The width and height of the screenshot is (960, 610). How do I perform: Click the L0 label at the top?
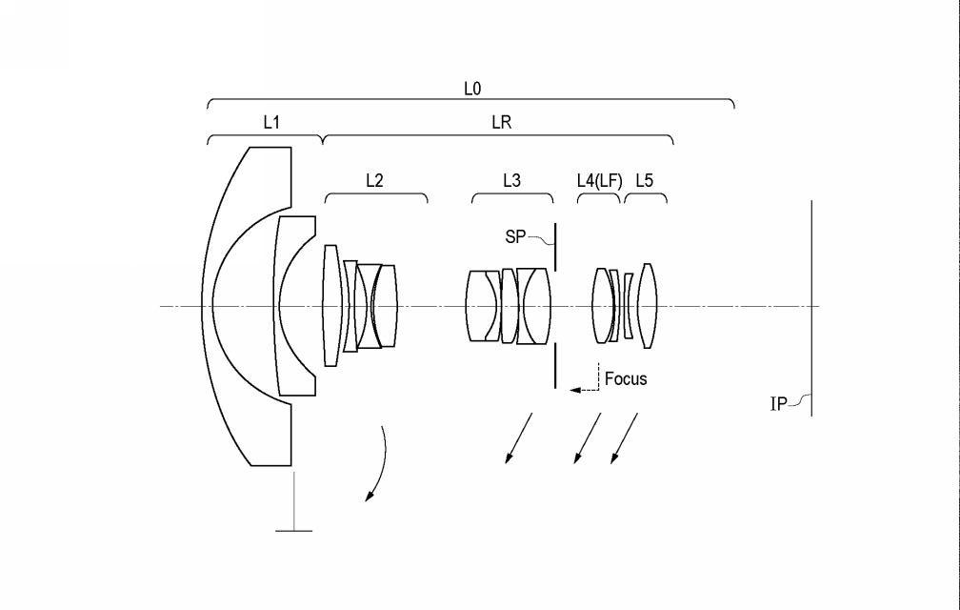pos(472,89)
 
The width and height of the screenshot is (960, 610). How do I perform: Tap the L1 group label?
pos(271,123)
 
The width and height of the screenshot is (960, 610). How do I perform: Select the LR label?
pos(501,123)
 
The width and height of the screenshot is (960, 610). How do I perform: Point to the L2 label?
pos(374,181)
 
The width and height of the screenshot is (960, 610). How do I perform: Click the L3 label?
pos(511,181)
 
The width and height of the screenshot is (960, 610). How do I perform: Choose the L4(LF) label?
pos(599,181)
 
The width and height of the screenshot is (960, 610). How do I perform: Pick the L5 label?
pos(645,181)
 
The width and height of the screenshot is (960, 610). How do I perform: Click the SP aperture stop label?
pos(515,236)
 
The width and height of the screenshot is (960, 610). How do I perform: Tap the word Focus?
pos(626,378)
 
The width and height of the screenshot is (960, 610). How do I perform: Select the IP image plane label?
pos(778,404)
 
